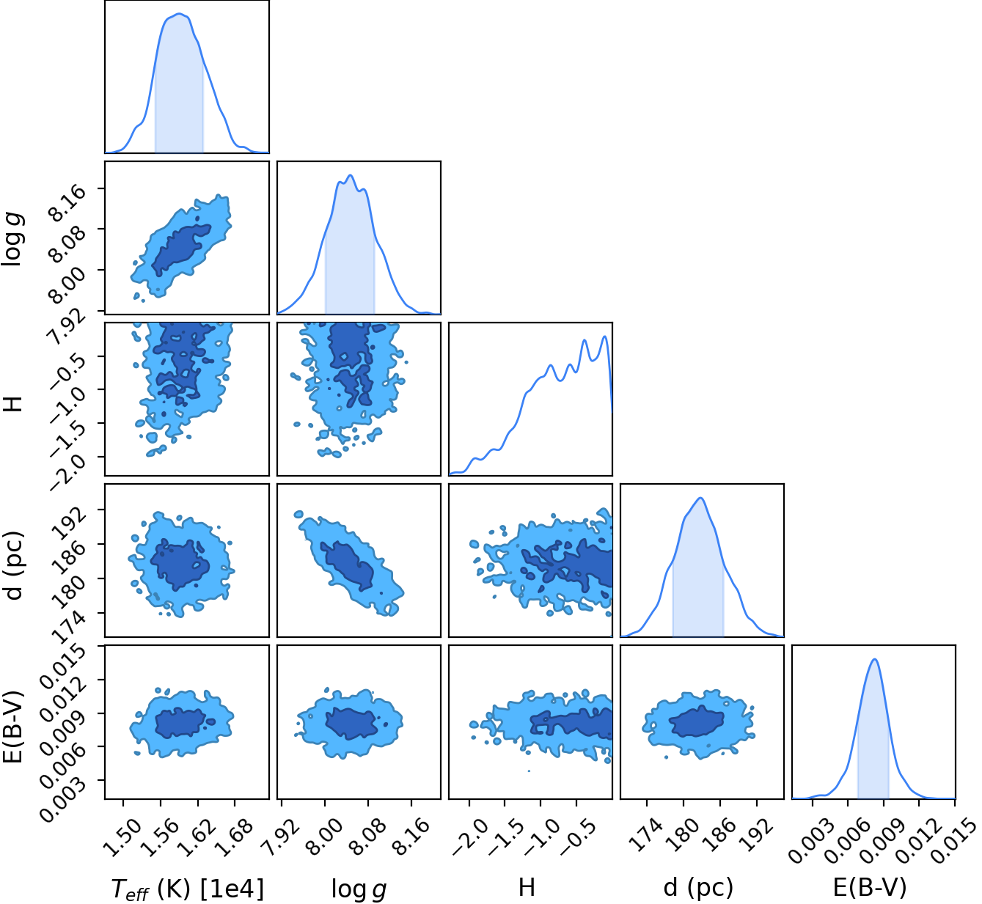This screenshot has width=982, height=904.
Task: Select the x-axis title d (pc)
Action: coord(698,886)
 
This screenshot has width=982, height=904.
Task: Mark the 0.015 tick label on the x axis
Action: coord(951,842)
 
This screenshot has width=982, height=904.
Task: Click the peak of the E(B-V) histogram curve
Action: coord(874,659)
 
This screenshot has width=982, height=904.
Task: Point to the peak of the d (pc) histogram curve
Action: coord(701,498)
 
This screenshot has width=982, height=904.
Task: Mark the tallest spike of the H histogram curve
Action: coord(605,337)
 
